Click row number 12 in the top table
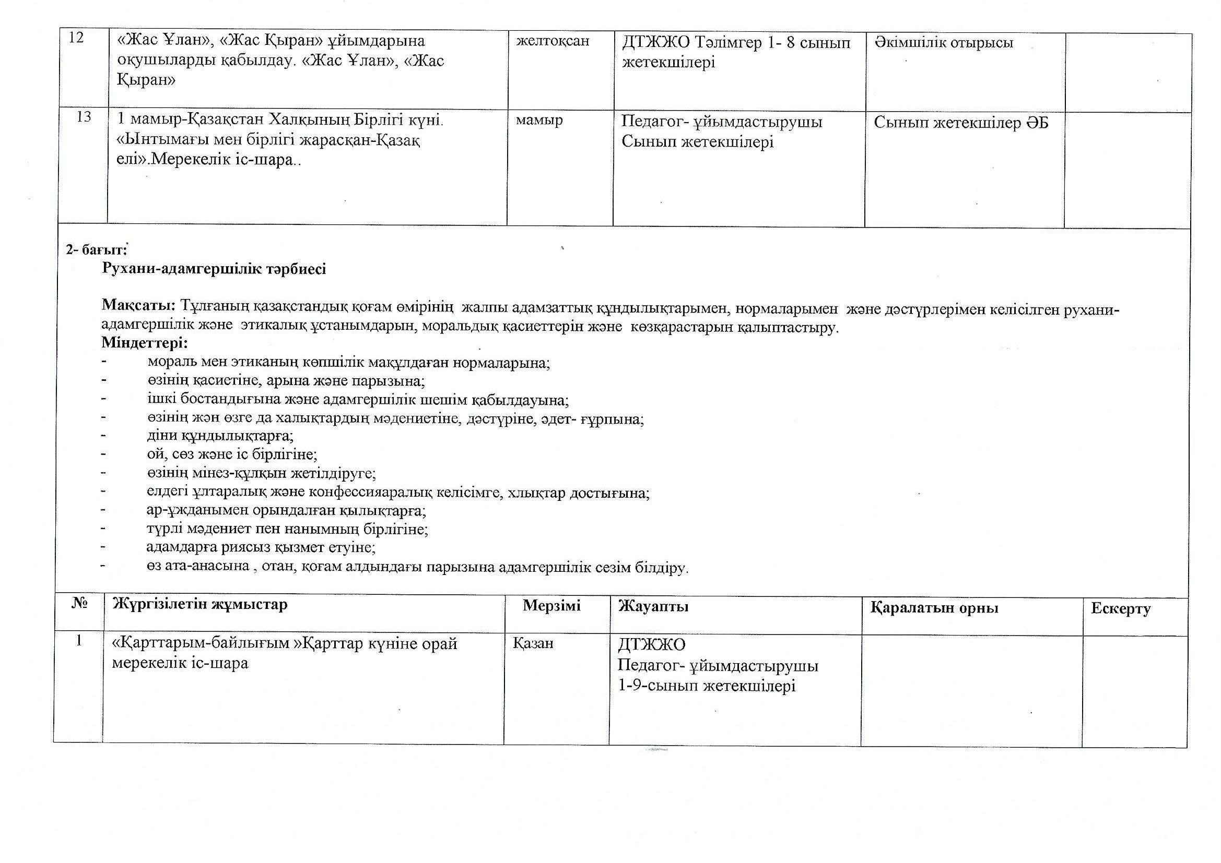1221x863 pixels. point(77,38)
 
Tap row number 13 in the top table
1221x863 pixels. point(84,117)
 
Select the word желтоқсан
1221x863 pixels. point(553,41)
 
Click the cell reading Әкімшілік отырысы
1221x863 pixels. point(943,42)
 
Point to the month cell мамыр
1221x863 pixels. point(539,121)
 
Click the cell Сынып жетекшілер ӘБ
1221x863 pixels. point(961,123)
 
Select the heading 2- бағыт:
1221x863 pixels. point(96,249)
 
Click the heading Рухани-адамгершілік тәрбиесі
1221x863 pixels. point(214,269)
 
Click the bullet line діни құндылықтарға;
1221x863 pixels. point(220,436)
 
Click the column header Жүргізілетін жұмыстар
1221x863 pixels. point(199,604)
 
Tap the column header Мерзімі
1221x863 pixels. point(551,605)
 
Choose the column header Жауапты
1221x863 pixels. point(653,606)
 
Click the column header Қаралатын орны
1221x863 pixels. point(934,608)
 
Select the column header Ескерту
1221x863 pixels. point(1121,608)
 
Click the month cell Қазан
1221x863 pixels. point(533,643)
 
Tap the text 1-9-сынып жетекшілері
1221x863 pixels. point(707,686)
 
